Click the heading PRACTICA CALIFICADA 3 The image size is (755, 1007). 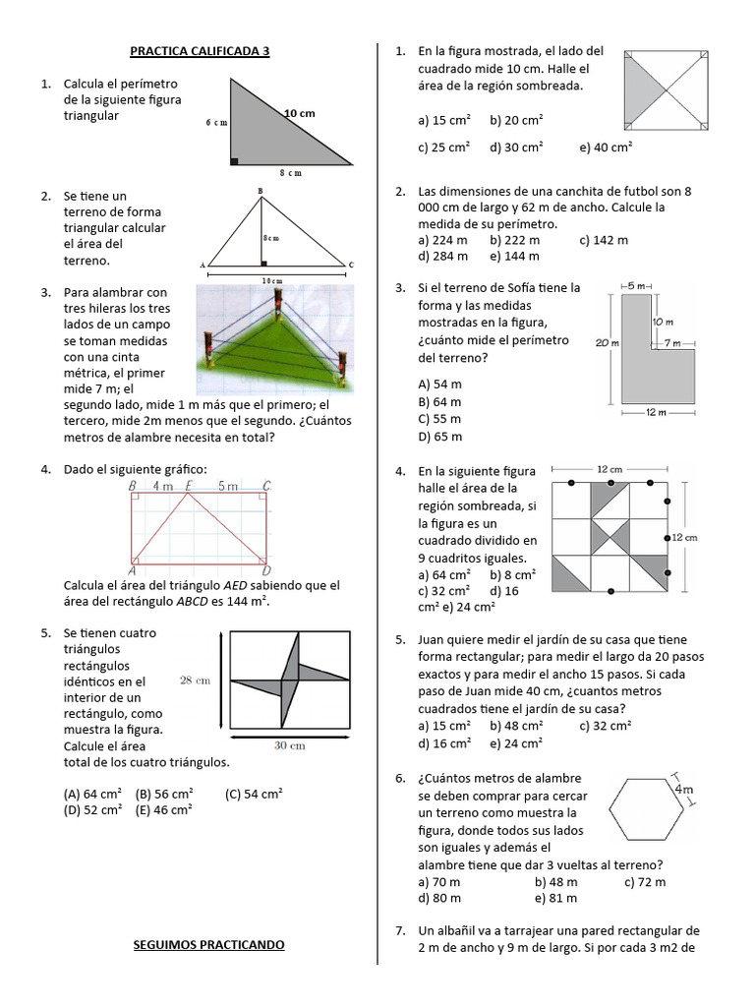[x=200, y=51]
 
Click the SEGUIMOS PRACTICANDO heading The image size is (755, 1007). [x=208, y=945]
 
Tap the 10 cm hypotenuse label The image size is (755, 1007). [x=300, y=114]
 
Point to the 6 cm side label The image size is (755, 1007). [x=216, y=123]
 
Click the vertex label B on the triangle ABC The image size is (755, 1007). [x=260, y=190]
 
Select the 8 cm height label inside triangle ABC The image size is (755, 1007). [x=270, y=238]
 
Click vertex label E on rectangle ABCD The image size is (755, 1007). [x=188, y=486]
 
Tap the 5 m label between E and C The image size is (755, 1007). [x=227, y=486]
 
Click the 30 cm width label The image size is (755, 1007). [x=289, y=745]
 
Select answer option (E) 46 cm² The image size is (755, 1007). [x=163, y=809]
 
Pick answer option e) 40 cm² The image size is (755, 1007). [x=606, y=148]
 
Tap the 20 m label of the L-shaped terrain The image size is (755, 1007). [x=607, y=342]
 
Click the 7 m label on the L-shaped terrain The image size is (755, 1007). [x=672, y=342]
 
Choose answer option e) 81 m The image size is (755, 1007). [x=555, y=898]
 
